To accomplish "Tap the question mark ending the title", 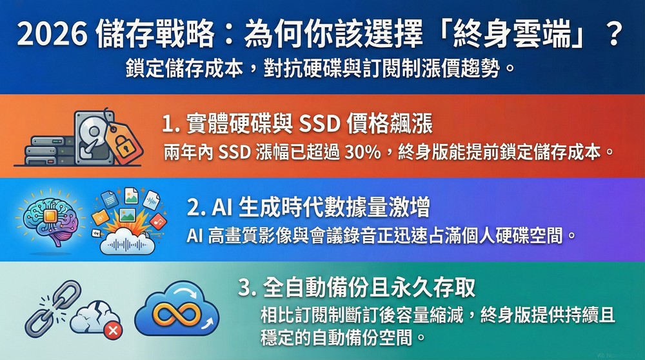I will (614, 34).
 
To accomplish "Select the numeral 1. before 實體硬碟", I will (172, 123).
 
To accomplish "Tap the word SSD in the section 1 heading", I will (321, 123).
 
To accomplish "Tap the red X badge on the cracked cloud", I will (114, 330).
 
